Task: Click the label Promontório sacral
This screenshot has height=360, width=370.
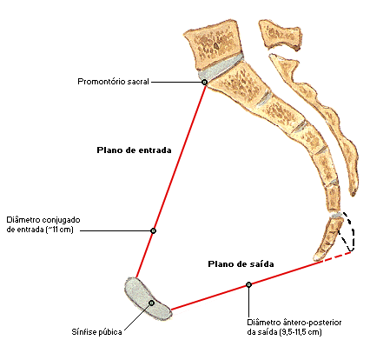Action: tap(113, 82)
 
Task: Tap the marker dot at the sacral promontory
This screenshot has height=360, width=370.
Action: tap(205, 82)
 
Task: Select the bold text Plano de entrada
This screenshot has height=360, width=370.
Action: tap(134, 150)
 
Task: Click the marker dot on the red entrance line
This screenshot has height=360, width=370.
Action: tap(154, 230)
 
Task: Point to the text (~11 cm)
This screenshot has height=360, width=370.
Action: tap(60, 230)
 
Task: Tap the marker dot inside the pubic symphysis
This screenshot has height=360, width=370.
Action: tap(151, 303)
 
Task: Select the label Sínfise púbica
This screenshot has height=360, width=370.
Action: tap(96, 332)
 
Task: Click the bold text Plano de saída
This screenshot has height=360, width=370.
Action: tap(241, 264)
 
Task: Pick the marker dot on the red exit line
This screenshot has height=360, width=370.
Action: tap(248, 284)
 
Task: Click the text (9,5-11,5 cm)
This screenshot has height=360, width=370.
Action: tap(301, 332)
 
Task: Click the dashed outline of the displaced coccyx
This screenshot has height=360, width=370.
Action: tap(353, 232)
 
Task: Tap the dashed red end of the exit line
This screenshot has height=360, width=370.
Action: tap(337, 257)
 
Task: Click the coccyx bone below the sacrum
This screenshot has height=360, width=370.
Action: tap(328, 239)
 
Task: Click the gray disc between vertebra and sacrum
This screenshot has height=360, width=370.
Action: tap(220, 68)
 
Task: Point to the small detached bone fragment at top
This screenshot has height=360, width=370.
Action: tap(281, 34)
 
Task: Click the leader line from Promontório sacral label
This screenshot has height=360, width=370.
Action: tap(176, 82)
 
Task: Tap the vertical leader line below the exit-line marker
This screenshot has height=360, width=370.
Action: tap(248, 302)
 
